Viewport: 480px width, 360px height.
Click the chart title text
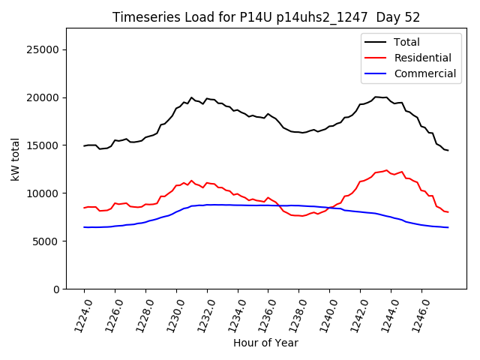coord(265,17)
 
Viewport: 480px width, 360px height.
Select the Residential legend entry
coord(422,58)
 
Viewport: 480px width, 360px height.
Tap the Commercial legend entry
coord(424,73)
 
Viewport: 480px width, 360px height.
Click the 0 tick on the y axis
coord(56,289)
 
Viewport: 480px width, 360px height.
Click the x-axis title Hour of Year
coord(265,343)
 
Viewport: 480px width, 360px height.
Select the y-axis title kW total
coord(15,159)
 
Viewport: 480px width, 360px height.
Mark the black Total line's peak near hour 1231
coord(191,97)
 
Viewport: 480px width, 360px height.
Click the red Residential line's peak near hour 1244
coord(387,170)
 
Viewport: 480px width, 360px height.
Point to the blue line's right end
coord(448,227)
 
